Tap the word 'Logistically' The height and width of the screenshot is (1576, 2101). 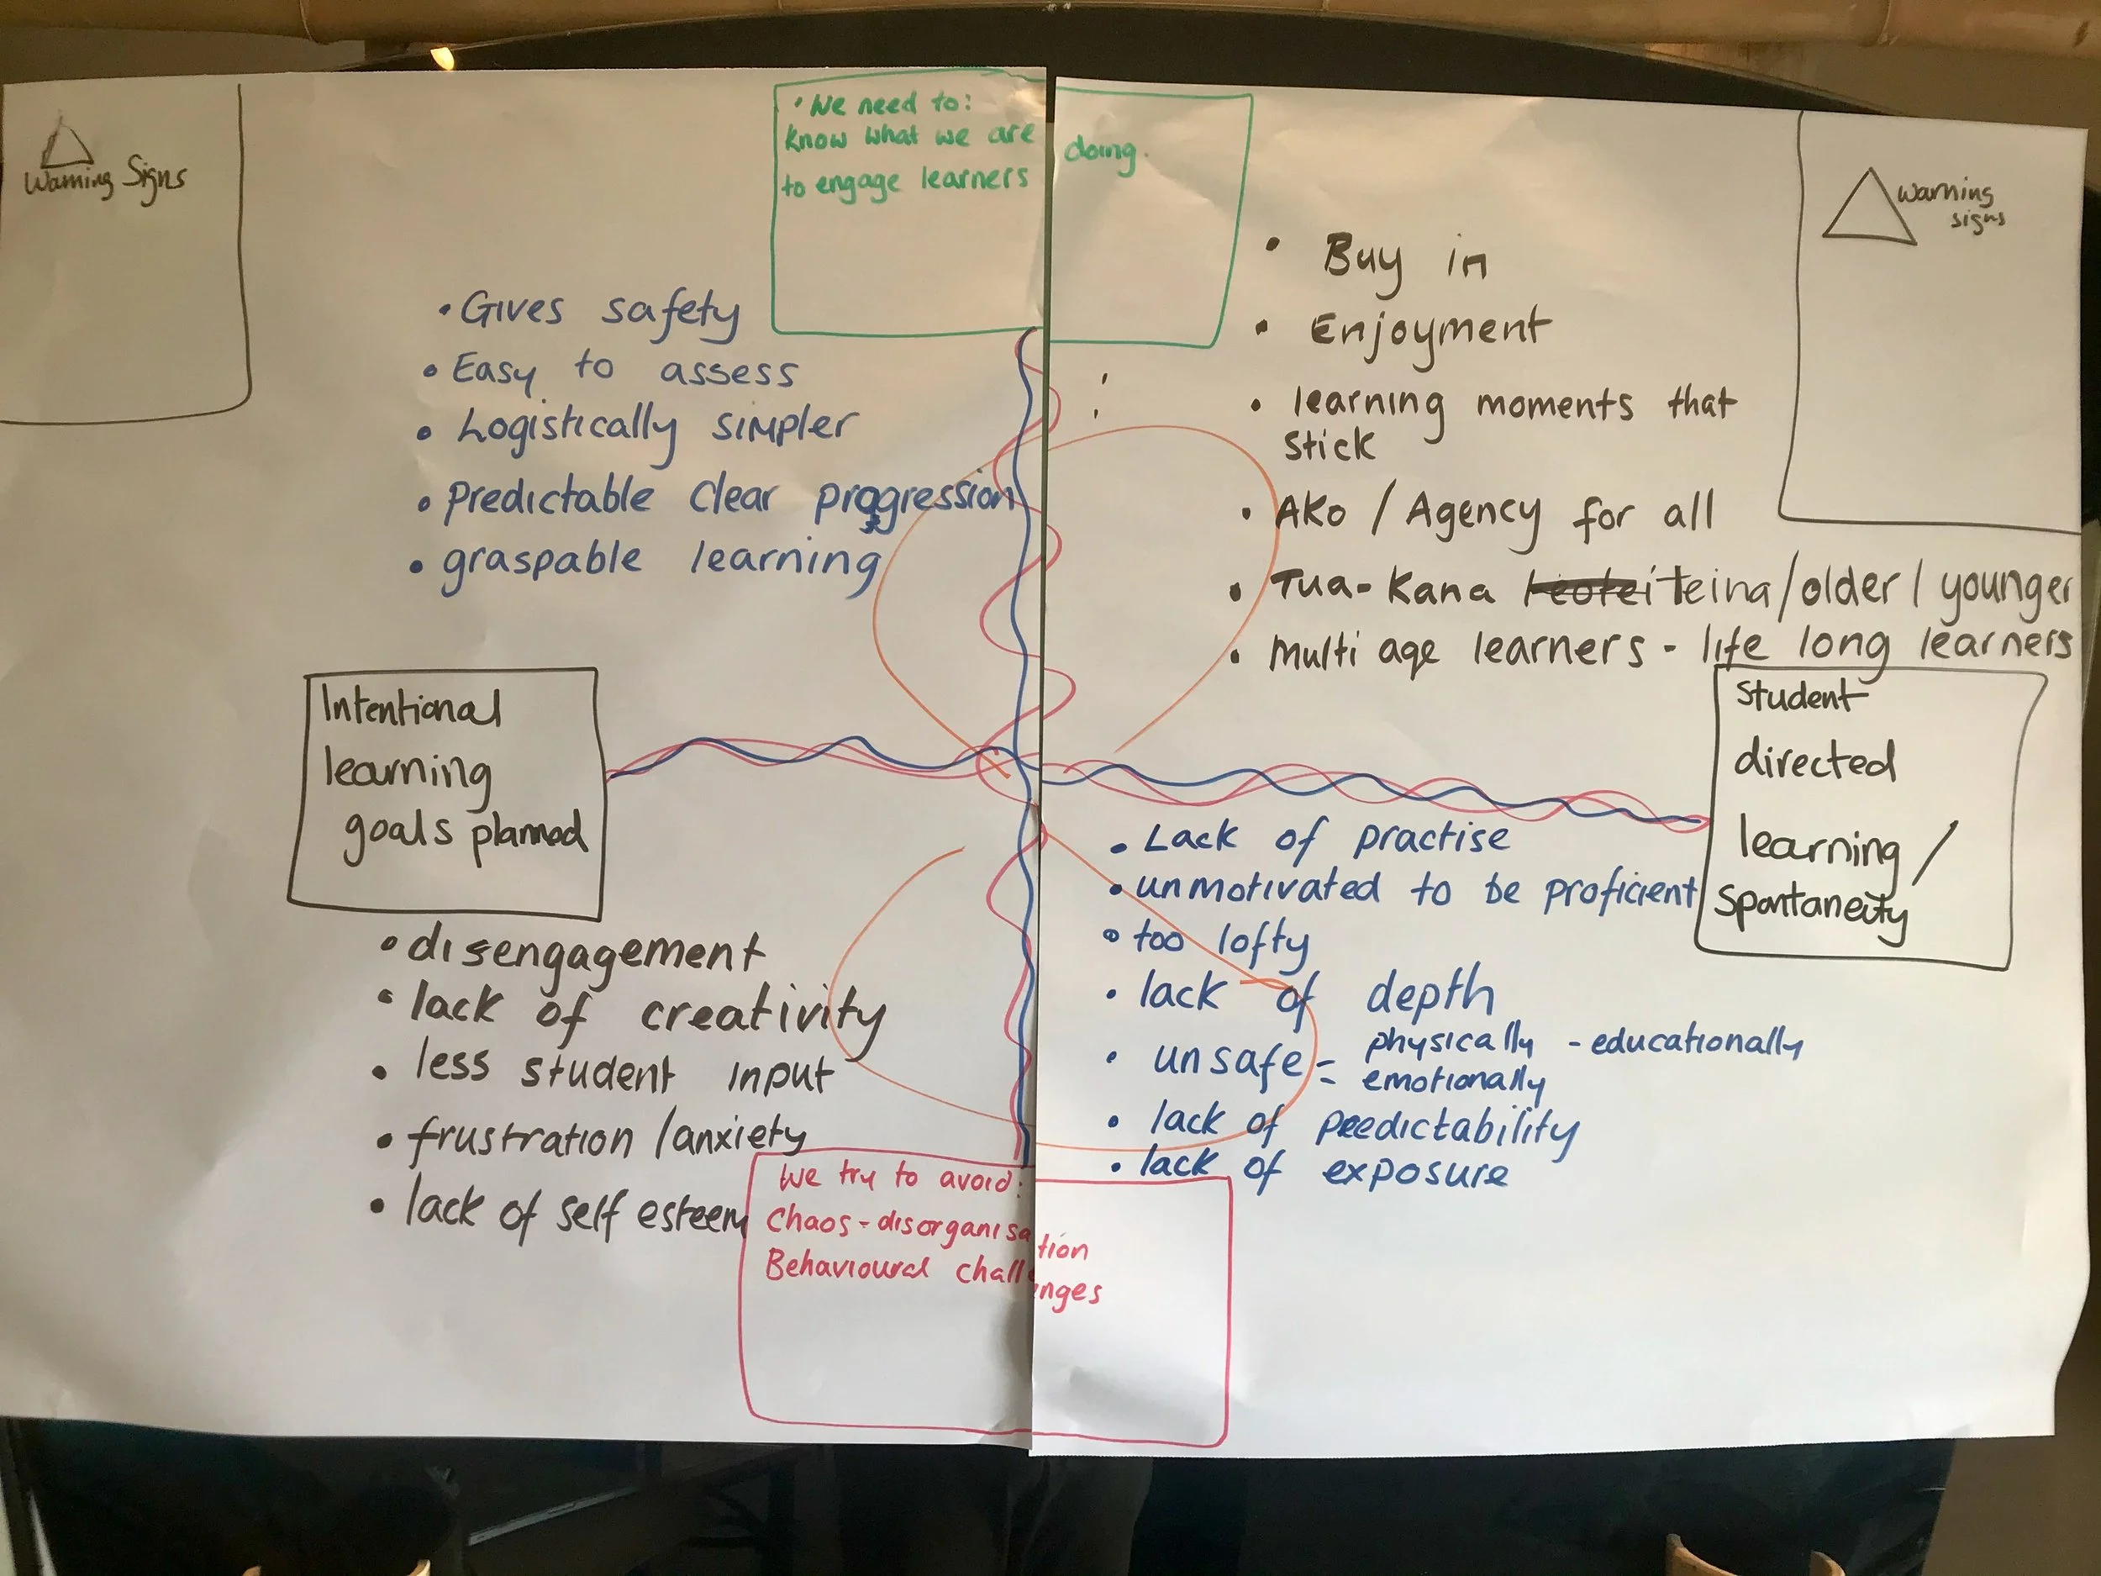[568, 430]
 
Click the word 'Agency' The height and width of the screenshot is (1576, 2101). [1473, 516]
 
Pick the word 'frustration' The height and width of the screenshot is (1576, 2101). [521, 1138]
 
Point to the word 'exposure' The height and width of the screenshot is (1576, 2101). [1415, 1170]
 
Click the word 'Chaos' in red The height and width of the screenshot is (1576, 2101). [808, 1221]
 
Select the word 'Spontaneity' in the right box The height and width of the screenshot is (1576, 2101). [1810, 908]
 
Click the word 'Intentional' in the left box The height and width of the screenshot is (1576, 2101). [410, 708]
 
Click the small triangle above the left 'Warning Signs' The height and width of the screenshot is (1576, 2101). [66, 144]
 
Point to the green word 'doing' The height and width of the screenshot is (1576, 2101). [1100, 152]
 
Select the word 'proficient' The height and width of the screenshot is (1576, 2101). [1619, 890]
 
